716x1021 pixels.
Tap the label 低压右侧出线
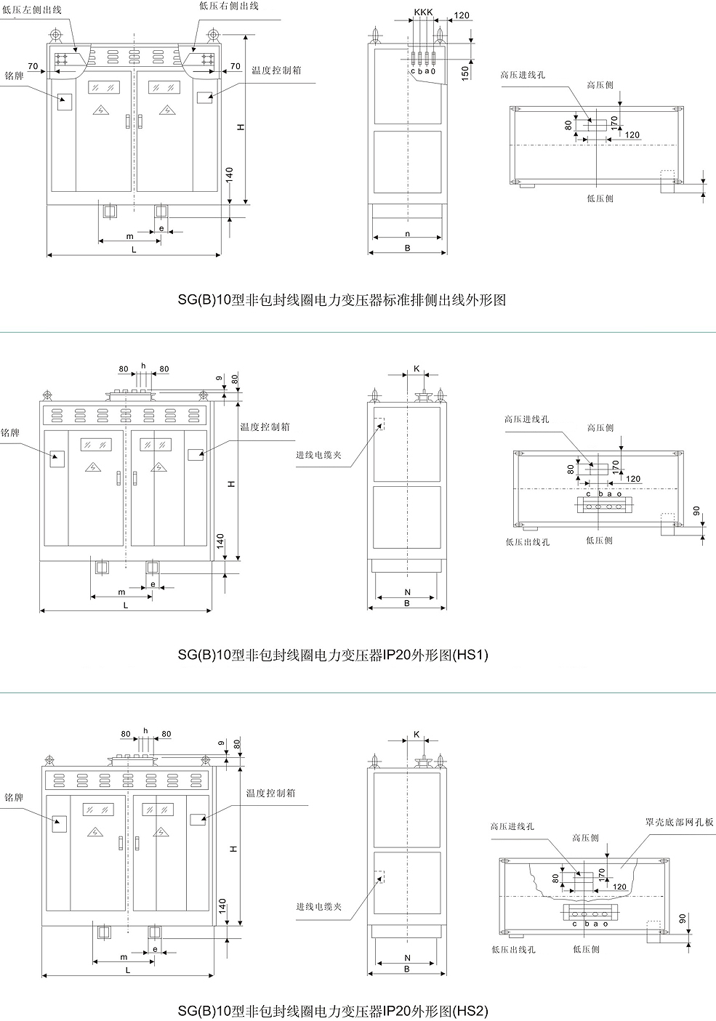228,6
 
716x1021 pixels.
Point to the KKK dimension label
423,13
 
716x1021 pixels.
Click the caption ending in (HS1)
333,655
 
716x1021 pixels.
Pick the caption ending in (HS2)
333,1010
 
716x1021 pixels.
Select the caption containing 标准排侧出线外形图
342,299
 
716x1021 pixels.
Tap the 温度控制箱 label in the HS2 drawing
270,794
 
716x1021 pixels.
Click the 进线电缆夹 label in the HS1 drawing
318,455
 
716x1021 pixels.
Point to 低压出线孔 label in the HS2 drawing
513,949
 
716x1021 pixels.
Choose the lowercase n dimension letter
408,234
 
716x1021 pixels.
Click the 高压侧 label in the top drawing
600,86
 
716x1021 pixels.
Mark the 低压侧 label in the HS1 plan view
600,541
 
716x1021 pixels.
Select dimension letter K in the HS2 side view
417,735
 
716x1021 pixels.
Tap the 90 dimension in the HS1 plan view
696,512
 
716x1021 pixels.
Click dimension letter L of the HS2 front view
128,970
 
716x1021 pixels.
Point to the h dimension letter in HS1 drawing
144,366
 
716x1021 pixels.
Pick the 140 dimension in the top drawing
229,174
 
